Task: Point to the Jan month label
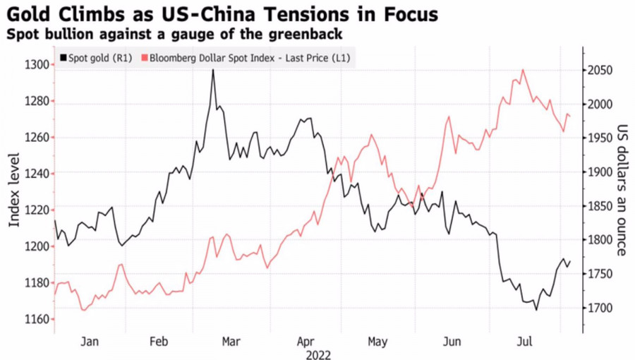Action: coord(90,342)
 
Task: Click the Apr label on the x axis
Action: coord(306,342)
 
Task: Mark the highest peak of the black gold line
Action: coord(213,70)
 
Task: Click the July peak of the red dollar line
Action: coord(523,70)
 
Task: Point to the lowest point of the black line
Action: coord(536,310)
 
